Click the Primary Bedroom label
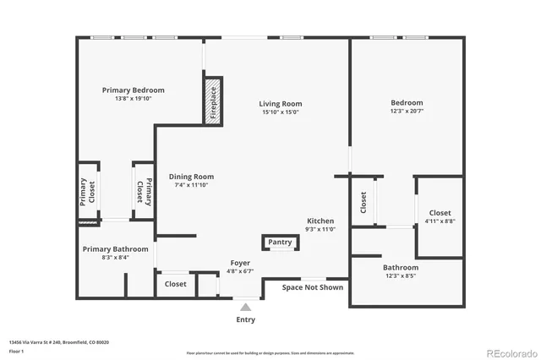pos(133,90)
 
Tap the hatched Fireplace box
pos(212,101)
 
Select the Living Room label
pos(280,104)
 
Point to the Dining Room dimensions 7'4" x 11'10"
pos(190,185)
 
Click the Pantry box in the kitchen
pos(280,243)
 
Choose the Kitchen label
pos(320,220)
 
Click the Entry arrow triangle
pos(245,306)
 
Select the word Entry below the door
pos(245,319)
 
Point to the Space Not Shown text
pos(313,287)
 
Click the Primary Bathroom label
pos(115,249)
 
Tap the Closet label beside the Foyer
pos(176,285)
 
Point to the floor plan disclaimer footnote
pos(270,353)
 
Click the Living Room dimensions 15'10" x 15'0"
pos(280,112)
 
